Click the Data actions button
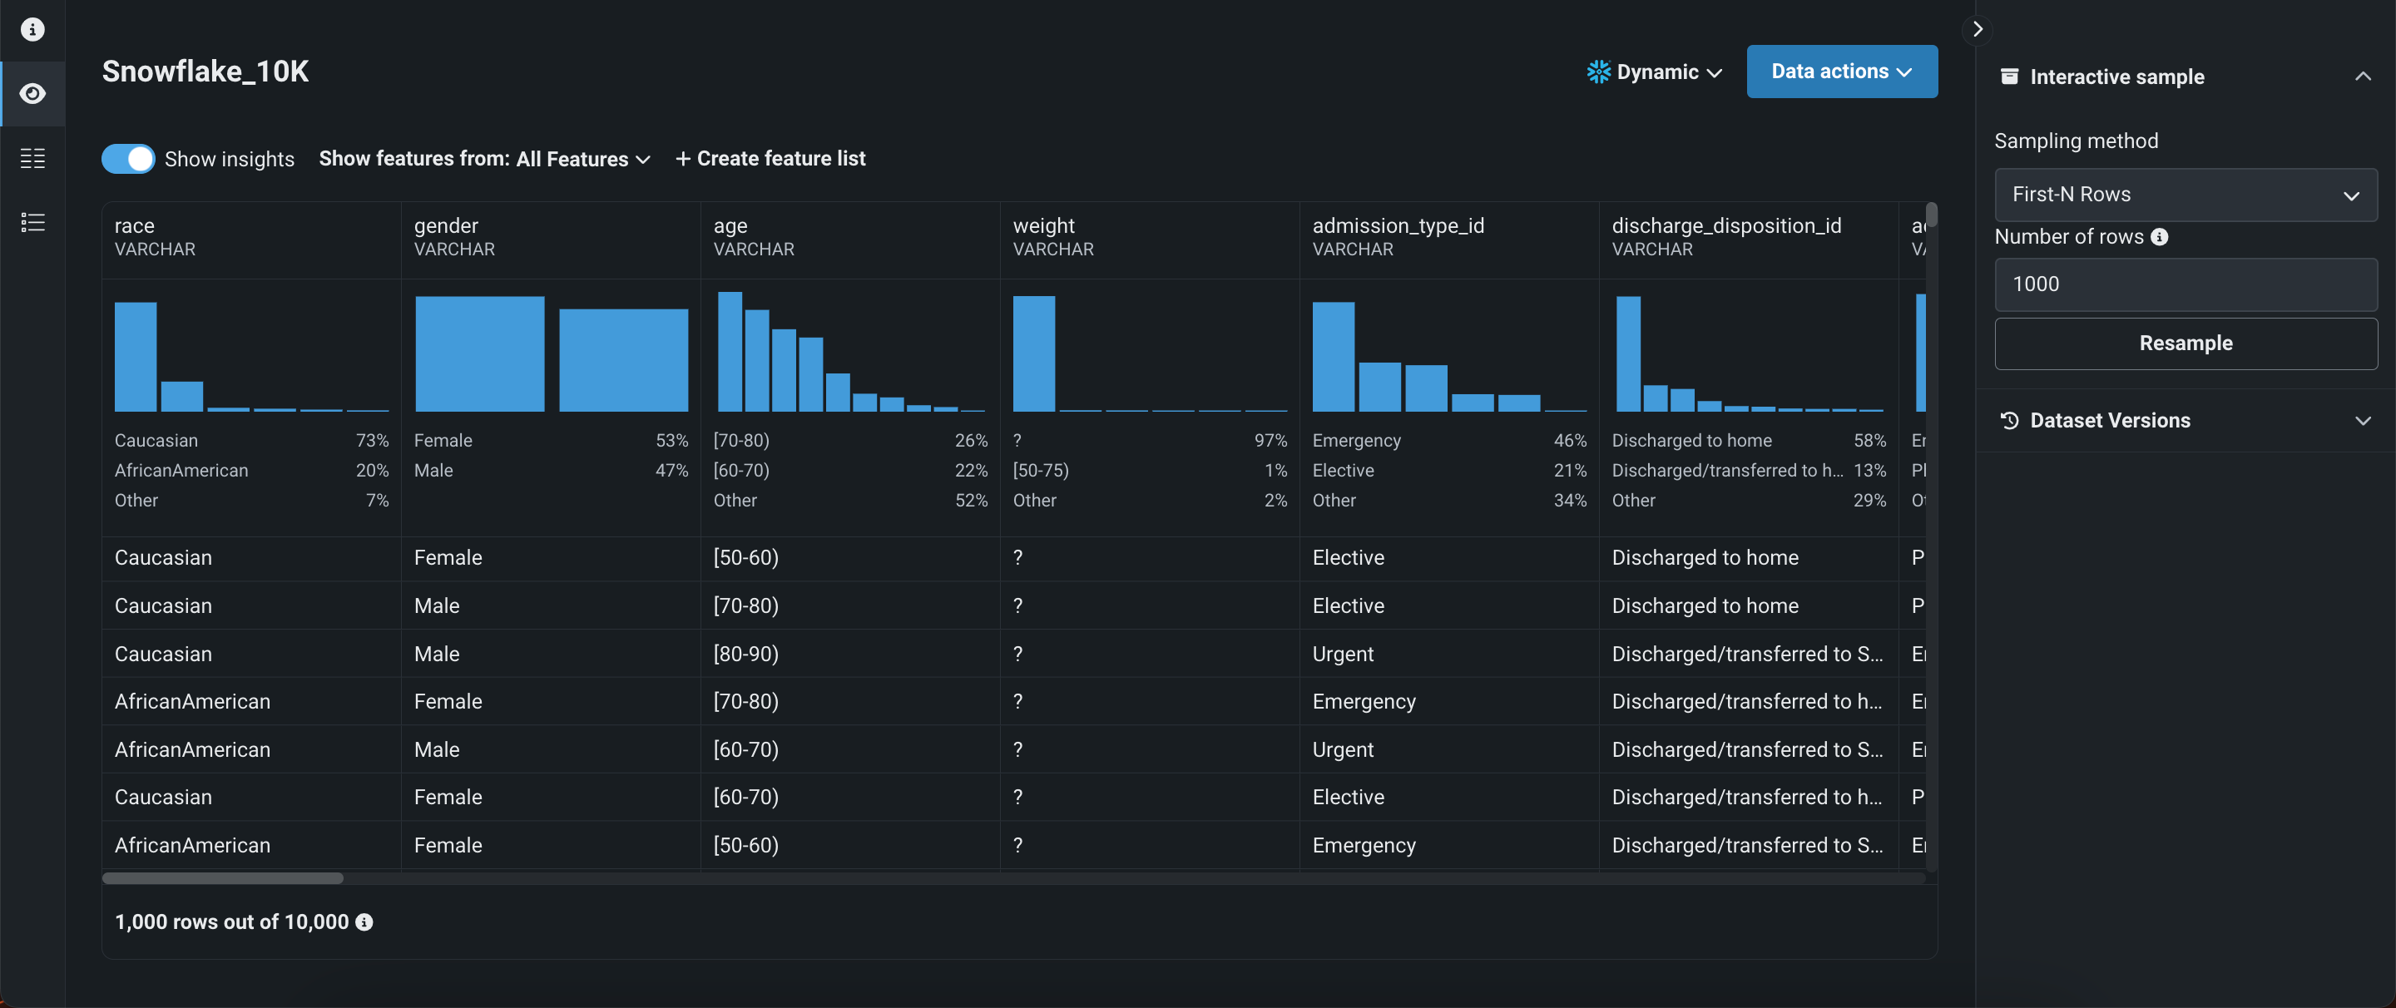tap(1841, 72)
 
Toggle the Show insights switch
tap(128, 159)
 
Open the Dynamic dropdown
tap(1656, 72)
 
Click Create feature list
tap(770, 159)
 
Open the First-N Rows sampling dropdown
tap(2185, 195)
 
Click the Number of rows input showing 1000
tap(2185, 284)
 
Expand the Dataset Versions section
tap(2185, 420)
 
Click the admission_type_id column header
tap(1398, 226)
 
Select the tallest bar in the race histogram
tap(136, 356)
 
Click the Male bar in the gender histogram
tap(623, 360)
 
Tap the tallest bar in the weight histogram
tap(1033, 353)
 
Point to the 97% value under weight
tap(1270, 441)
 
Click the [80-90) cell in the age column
tap(746, 654)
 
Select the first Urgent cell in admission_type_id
tap(1342, 654)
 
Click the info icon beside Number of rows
tap(2160, 237)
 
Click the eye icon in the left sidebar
tap(32, 94)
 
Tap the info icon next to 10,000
tap(364, 922)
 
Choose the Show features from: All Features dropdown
tap(483, 159)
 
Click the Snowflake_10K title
tap(205, 72)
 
